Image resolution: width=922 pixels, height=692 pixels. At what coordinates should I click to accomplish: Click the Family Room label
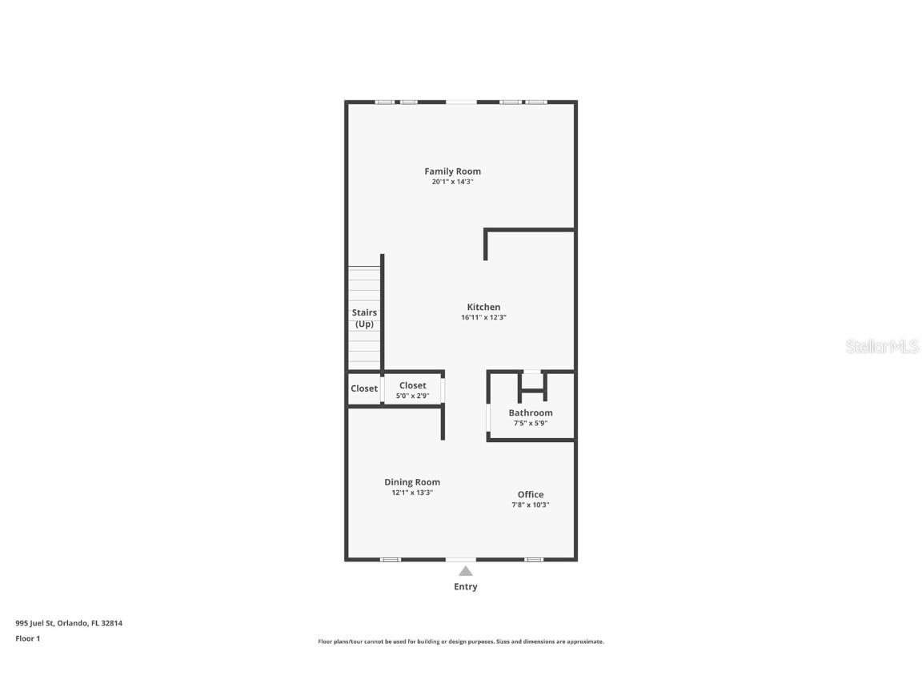(x=452, y=171)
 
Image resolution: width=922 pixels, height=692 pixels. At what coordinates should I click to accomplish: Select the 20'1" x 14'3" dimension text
(x=452, y=182)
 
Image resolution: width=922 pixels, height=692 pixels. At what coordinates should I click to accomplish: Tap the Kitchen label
(x=483, y=307)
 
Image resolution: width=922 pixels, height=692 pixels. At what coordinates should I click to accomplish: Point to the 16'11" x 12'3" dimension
(x=483, y=317)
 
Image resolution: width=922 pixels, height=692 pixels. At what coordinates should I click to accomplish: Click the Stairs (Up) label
(x=364, y=318)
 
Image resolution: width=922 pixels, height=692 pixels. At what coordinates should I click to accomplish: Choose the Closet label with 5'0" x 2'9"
(x=413, y=385)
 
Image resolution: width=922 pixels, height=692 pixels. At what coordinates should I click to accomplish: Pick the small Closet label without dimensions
(x=364, y=388)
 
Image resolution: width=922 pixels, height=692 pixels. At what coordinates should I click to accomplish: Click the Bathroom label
(x=531, y=412)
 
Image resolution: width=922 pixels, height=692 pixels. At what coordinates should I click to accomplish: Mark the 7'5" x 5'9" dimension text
(x=531, y=423)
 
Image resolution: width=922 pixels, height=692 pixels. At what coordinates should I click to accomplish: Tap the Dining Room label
(x=412, y=482)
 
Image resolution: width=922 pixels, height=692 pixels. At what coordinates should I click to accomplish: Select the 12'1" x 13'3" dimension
(x=412, y=493)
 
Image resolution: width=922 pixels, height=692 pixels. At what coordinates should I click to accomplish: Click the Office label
(x=531, y=494)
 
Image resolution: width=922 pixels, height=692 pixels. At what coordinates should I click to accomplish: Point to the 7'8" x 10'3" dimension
(x=531, y=505)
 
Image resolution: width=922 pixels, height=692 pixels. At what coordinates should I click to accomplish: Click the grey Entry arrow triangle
(x=465, y=571)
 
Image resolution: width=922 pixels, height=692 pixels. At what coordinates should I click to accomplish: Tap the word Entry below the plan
(x=465, y=586)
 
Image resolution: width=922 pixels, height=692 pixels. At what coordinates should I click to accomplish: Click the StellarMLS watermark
(x=882, y=347)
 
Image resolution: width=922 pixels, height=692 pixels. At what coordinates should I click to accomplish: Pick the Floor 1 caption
(x=27, y=638)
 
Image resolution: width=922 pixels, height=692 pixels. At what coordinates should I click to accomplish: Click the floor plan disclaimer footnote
(x=461, y=642)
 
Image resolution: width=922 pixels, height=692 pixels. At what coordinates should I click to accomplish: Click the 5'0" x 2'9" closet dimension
(x=413, y=396)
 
